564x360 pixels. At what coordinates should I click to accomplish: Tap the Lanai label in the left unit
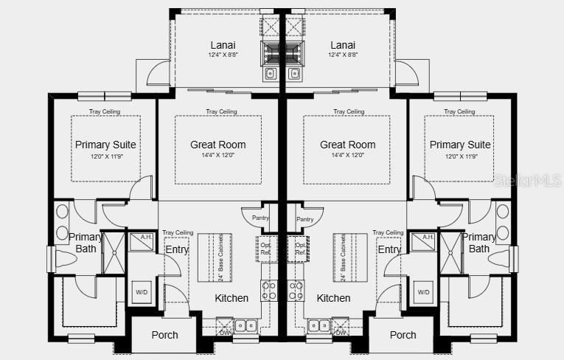point(220,45)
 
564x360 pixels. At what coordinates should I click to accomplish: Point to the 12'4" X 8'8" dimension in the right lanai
point(343,55)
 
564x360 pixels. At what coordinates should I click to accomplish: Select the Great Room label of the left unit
point(217,145)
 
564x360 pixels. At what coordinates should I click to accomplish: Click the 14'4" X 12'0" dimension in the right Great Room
point(347,156)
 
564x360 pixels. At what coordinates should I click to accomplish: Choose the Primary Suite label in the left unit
point(105,145)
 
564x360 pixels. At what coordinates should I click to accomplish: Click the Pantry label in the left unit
point(260,218)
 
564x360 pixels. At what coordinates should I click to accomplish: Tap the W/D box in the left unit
point(142,292)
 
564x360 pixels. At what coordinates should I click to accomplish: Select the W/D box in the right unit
point(423,292)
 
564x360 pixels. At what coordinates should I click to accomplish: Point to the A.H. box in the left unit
point(140,238)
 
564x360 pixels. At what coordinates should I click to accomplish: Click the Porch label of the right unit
point(403,335)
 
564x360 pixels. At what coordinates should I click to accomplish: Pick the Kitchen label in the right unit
point(333,298)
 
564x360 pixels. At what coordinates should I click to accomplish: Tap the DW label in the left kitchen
point(226,333)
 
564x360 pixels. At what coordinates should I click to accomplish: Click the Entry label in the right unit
point(389,249)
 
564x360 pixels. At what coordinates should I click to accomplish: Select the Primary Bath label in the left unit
point(86,243)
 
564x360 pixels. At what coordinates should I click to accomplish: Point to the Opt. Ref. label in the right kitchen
point(300,249)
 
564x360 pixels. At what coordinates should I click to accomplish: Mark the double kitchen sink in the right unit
point(318,324)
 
